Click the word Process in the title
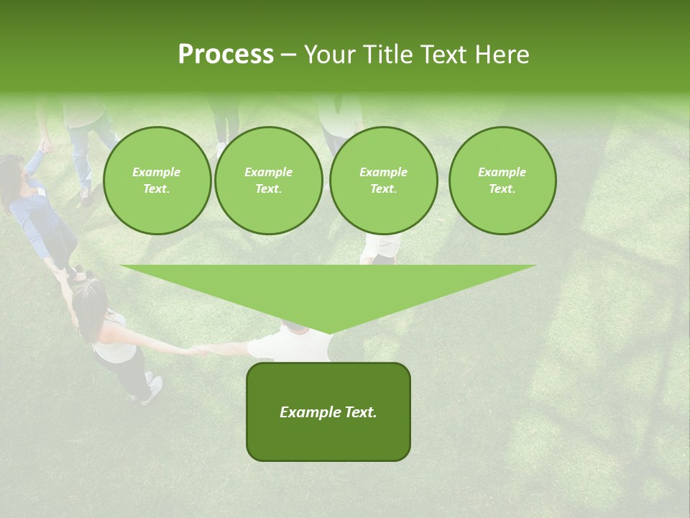point(226,55)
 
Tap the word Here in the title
point(501,55)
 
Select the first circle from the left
point(157,181)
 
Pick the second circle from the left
point(268,181)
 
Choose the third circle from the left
point(383,181)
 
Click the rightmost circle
point(502,181)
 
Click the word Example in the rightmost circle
point(502,172)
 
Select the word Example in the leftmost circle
point(157,172)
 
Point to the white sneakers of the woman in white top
point(152,387)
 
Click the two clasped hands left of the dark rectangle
point(199,350)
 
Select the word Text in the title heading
point(446,55)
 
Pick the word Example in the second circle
point(268,172)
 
